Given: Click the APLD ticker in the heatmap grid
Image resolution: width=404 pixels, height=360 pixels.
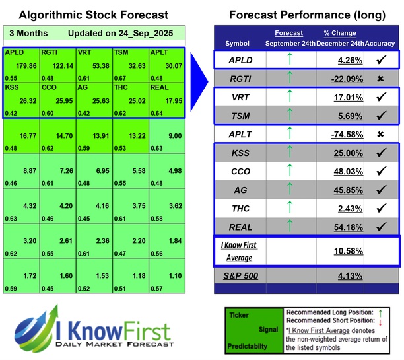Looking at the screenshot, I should pos(13,52).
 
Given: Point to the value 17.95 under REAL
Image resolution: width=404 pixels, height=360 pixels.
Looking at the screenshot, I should pos(172,101).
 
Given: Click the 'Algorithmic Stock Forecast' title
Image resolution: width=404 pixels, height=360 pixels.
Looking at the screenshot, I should pos(93,15).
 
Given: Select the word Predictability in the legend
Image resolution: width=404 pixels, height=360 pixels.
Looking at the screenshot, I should pos(250,345).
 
